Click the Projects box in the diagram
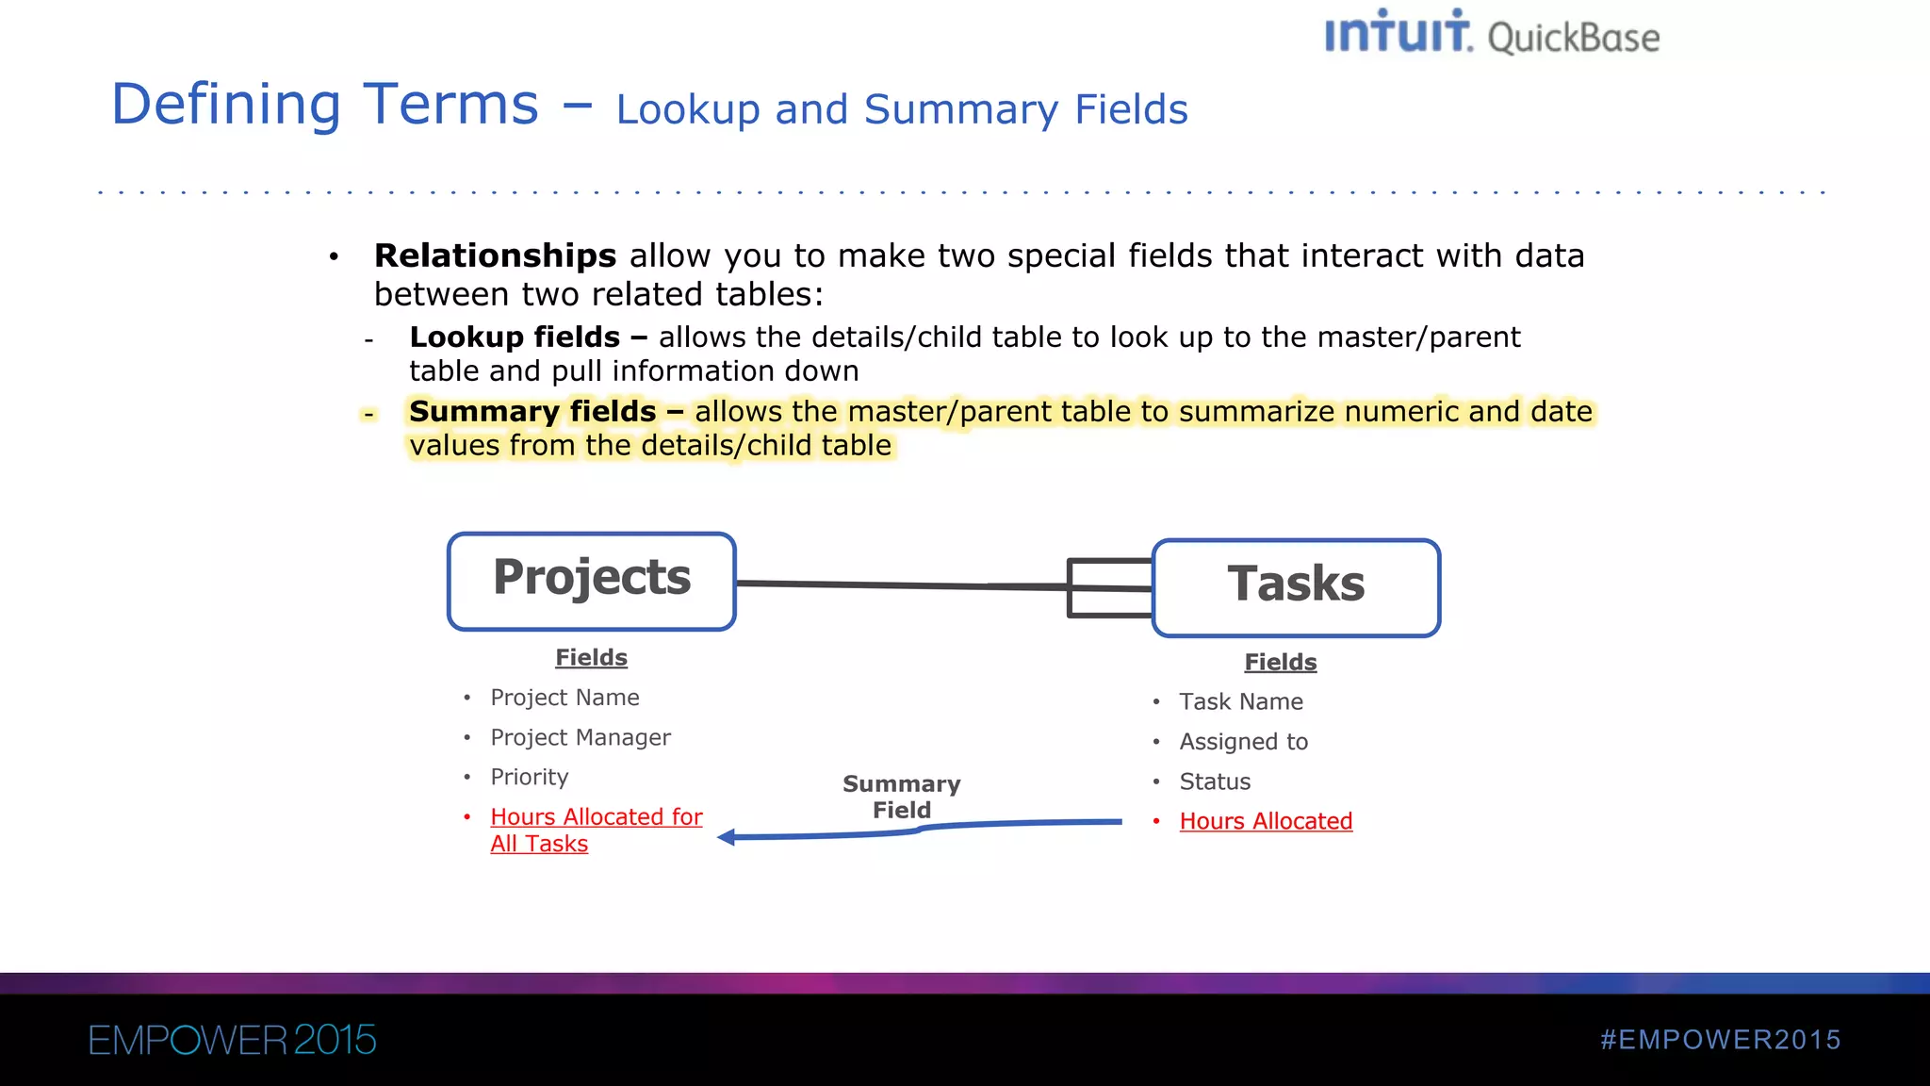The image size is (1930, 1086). [x=592, y=581]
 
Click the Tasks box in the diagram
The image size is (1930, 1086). [x=1296, y=587]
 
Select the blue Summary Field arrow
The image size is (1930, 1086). [x=919, y=830]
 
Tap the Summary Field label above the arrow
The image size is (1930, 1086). [x=901, y=797]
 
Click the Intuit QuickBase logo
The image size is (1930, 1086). [x=1492, y=34]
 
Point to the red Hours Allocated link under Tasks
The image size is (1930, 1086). [x=1266, y=821]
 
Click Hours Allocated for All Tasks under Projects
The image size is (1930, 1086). [x=596, y=830]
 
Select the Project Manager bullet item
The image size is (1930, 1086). [x=581, y=737]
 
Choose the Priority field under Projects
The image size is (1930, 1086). [x=530, y=777]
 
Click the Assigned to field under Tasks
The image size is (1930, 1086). [x=1243, y=742]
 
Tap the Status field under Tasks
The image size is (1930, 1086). [x=1215, y=782]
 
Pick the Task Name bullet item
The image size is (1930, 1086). [x=1241, y=701]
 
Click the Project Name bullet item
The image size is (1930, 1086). [x=564, y=698]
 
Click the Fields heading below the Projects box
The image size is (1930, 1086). [x=591, y=657]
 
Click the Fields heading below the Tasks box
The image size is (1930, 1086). [x=1280, y=662]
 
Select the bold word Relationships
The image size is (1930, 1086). [x=495, y=255]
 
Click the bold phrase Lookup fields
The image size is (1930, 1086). [x=515, y=337]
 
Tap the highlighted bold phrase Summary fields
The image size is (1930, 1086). [x=532, y=411]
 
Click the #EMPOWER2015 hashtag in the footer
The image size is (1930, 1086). [x=1720, y=1040]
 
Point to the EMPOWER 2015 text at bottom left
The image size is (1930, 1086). [x=232, y=1040]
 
